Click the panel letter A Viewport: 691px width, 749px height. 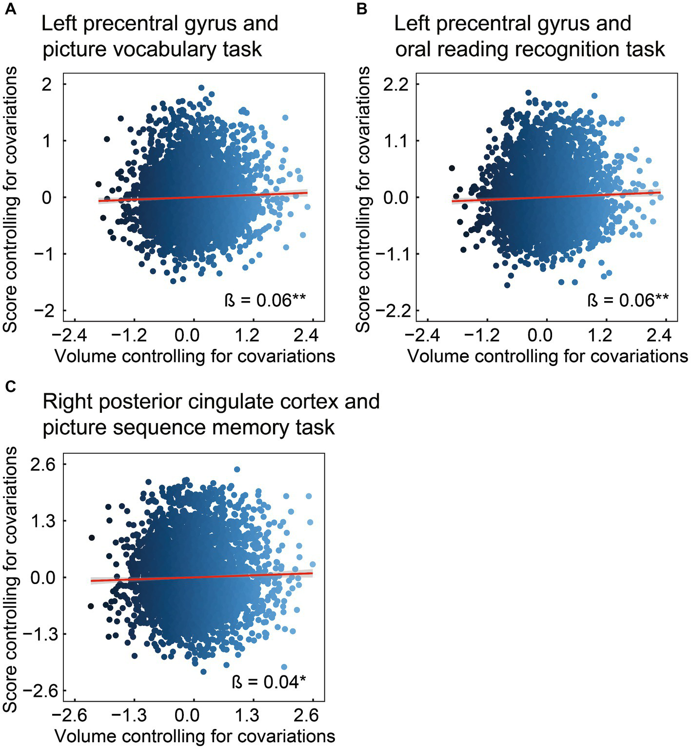[x=10, y=9]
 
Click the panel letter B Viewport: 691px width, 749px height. [x=362, y=9]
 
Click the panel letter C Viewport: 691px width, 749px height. [x=10, y=386]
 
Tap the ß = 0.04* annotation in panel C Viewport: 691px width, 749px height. [x=269, y=681]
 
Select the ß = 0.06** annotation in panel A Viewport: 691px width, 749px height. [x=265, y=300]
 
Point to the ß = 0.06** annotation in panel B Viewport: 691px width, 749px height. [x=628, y=300]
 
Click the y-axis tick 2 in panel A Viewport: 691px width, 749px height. [x=47, y=84]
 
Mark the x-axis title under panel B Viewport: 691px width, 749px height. [x=547, y=356]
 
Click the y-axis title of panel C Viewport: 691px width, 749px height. [x=11, y=578]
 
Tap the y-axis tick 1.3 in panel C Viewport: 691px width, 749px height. [x=43, y=521]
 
